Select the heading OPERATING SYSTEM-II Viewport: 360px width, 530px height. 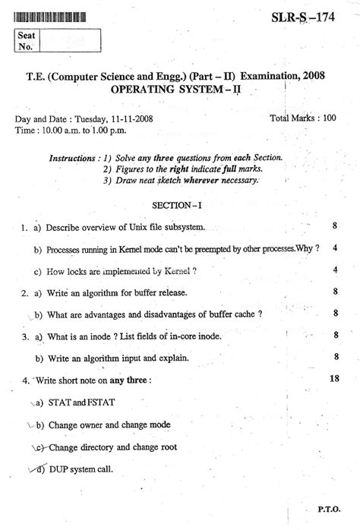pos(179,89)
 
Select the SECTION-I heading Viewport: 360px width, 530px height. pos(180,206)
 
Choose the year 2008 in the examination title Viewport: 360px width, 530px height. pos(308,74)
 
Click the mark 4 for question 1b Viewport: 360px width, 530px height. pos(334,248)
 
